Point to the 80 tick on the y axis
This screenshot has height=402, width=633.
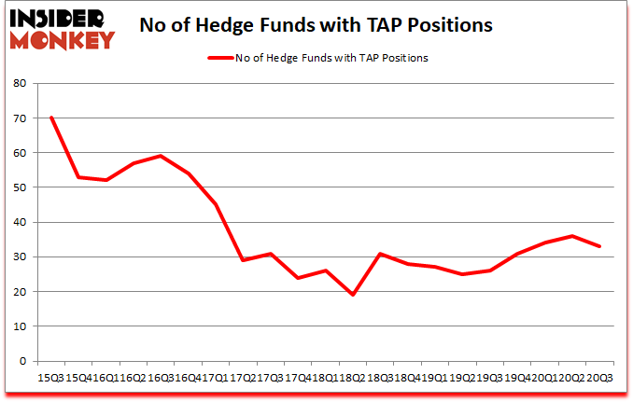click(20, 83)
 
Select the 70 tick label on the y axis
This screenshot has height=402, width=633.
click(20, 118)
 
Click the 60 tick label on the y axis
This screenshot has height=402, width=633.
click(20, 152)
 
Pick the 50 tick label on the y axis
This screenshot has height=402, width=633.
click(20, 187)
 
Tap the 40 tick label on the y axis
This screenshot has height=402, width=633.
click(20, 222)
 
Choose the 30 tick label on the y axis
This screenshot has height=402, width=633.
click(20, 256)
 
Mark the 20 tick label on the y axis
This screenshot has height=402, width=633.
click(20, 291)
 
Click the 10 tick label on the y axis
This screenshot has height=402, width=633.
click(20, 326)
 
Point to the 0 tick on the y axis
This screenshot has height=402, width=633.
click(23, 361)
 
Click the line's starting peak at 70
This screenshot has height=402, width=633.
click(51, 118)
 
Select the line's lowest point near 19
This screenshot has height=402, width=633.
click(354, 295)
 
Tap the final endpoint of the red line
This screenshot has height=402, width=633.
click(598, 246)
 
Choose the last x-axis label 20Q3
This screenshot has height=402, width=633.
click(598, 379)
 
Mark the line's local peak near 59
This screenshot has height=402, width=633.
click(162, 156)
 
